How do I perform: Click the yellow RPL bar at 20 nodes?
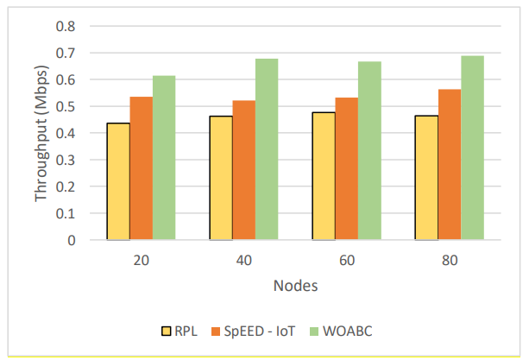coord(118,181)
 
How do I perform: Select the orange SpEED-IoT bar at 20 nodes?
coord(141,168)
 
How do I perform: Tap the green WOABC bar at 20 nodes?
coord(164,158)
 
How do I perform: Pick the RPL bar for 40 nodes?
coord(221,178)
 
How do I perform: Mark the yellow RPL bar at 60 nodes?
coord(324,176)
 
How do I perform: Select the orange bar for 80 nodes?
coord(449,164)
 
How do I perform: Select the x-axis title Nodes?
coord(293,286)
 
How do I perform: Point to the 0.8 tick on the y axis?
coord(66,26)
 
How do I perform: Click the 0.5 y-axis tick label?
coord(66,106)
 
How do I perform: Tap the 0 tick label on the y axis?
coord(72,240)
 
